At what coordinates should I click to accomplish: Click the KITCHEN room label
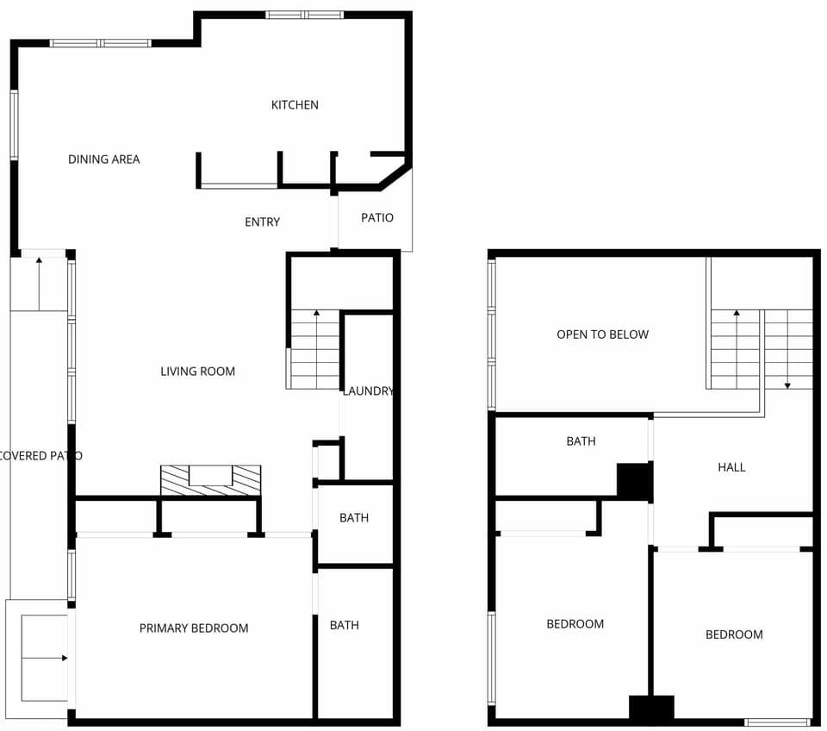coord(295,105)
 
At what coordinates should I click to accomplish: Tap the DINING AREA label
coord(103,159)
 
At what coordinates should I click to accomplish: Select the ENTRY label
coord(262,222)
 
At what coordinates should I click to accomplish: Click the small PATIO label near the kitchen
coord(376,218)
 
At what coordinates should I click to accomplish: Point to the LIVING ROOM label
coord(197,372)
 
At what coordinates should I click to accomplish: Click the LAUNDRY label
coord(368,391)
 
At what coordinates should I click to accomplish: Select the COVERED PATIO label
coord(40,456)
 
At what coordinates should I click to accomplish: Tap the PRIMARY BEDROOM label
coord(194,628)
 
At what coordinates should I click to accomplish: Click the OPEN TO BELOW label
coord(602,334)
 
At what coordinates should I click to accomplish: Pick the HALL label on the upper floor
coord(731,467)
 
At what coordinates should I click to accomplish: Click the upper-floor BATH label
coord(581,441)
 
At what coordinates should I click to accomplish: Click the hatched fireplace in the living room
coord(210,480)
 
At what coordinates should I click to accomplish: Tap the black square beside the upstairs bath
coord(634,481)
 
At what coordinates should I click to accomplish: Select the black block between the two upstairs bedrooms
coord(651,709)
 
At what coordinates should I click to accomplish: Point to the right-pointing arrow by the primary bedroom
coord(64,658)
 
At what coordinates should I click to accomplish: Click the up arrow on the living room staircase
coord(315,314)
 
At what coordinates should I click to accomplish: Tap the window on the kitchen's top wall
coord(304,15)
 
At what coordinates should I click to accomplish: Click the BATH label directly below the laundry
coord(353,518)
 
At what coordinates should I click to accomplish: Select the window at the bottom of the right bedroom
coord(777,722)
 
